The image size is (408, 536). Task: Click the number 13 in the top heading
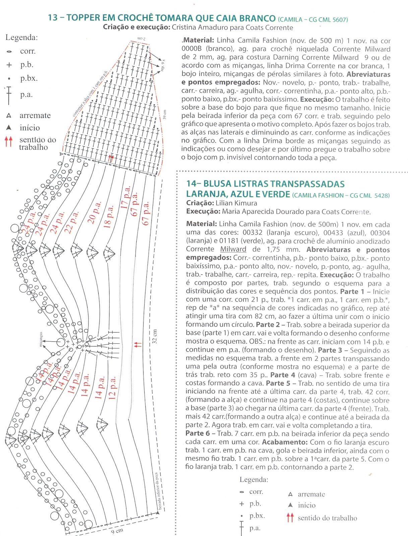(53, 18)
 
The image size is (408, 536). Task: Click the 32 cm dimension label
(155, 336)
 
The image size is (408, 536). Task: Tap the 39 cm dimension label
(165, 114)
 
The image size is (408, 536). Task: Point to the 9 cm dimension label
(117, 531)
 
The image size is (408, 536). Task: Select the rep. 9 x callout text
(163, 65)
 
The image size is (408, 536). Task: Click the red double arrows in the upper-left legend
(9, 142)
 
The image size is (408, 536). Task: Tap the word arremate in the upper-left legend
(35, 116)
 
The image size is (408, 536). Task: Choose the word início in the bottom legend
(306, 505)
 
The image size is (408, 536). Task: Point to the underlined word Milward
(233, 249)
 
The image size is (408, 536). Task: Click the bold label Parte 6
(199, 434)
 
